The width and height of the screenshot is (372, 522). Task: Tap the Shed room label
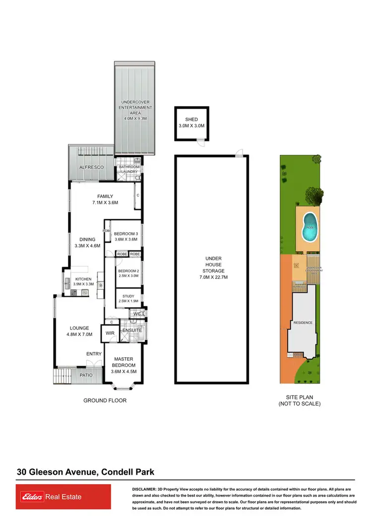click(191, 120)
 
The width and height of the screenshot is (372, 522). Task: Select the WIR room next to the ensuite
click(108, 333)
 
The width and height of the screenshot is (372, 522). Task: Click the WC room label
click(137, 314)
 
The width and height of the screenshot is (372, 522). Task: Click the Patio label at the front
click(86, 375)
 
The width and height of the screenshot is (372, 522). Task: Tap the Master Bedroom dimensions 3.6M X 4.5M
click(124, 371)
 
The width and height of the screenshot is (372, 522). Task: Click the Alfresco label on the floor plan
click(92, 168)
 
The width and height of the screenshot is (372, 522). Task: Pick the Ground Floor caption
click(105, 400)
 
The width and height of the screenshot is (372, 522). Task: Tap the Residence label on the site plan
click(303, 323)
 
